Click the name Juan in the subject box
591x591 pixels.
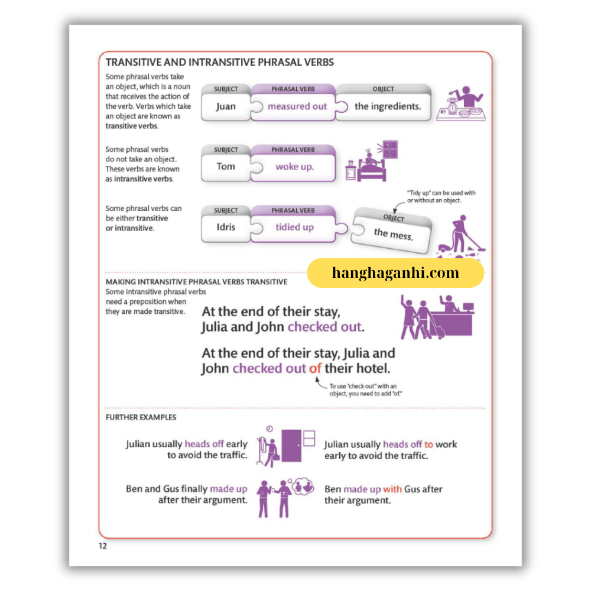coord(225,107)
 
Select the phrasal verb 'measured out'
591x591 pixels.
coord(297,107)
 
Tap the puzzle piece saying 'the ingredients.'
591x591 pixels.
coord(387,107)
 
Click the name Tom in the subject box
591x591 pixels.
coord(225,167)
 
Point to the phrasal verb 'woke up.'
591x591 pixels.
coord(294,167)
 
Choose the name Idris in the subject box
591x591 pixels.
coord(225,227)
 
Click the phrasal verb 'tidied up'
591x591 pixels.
coord(294,228)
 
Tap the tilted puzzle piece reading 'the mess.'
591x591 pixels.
coord(394,233)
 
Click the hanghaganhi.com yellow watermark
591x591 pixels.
coord(395,273)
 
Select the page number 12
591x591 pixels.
coord(103,545)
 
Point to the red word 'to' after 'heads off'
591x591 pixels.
coord(428,444)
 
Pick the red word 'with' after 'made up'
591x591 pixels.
coord(392,489)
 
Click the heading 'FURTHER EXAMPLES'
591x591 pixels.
coord(141,417)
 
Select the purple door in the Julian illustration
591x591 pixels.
coord(291,445)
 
